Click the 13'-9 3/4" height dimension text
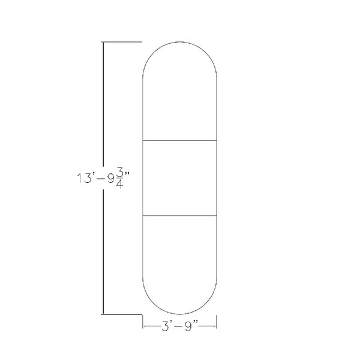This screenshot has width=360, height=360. [x=103, y=178]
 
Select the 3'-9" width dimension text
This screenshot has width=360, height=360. [x=180, y=326]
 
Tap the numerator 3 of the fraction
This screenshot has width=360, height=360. [x=120, y=173]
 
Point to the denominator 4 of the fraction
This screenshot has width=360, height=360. [x=120, y=184]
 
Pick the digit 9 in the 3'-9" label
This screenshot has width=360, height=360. [x=188, y=326]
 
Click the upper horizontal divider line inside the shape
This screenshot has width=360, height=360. [x=179, y=140]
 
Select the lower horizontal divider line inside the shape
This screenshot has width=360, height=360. [x=179, y=215]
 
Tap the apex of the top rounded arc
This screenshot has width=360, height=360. [x=179, y=42]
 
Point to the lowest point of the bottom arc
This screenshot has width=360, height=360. [x=179, y=314]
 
